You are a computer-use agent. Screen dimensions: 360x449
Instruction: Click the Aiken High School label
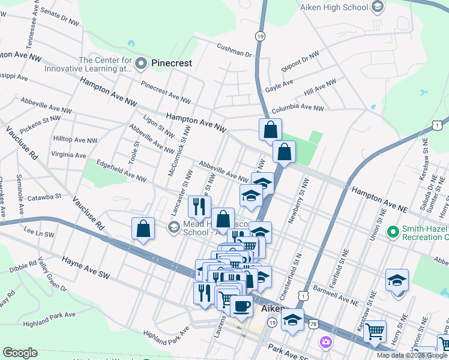coord(333,7)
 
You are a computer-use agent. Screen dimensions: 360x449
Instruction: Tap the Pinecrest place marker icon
coord(142,62)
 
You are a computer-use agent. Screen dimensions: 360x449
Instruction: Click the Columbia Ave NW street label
coord(297,109)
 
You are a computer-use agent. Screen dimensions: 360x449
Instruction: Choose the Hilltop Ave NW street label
coord(75,140)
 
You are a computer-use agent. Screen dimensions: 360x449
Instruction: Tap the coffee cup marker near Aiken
coord(241,307)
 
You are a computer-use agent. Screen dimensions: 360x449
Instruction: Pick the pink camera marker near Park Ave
coord(326,342)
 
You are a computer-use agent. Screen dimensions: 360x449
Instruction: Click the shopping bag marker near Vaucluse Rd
coord(143,229)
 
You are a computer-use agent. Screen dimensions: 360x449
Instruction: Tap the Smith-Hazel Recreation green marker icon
coord(393,231)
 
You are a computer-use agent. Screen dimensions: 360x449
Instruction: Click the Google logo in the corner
coord(20,353)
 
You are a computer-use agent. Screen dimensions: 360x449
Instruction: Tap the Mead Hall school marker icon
coord(174,226)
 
